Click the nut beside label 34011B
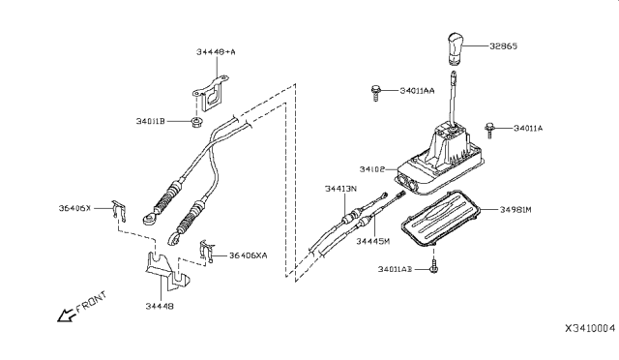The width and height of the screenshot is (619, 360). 195,122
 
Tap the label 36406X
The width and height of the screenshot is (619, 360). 74,208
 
